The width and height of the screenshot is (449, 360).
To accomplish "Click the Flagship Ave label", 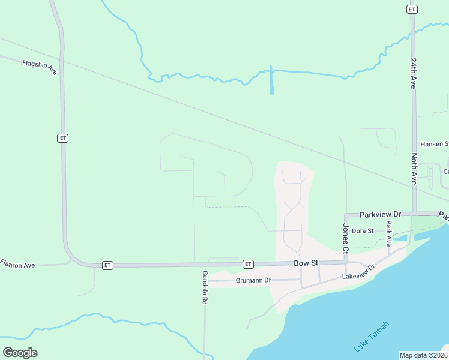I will (40, 67).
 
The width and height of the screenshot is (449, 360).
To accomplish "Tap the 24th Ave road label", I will (413, 73).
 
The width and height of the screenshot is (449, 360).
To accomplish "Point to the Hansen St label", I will (434, 144).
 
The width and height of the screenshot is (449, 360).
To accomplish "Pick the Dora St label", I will (363, 230).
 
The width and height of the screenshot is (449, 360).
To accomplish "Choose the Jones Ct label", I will (346, 238).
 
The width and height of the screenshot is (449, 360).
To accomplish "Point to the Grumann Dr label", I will (253, 280).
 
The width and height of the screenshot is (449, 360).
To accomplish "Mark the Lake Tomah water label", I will (371, 337).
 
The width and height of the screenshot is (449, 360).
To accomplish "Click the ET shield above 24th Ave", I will (412, 9).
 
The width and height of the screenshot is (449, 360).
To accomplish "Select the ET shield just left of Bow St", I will (247, 264).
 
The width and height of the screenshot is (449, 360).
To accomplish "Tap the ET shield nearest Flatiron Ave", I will (107, 265).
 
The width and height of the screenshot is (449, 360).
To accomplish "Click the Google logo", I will (20, 353).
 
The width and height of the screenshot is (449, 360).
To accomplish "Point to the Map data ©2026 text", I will (423, 355).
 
